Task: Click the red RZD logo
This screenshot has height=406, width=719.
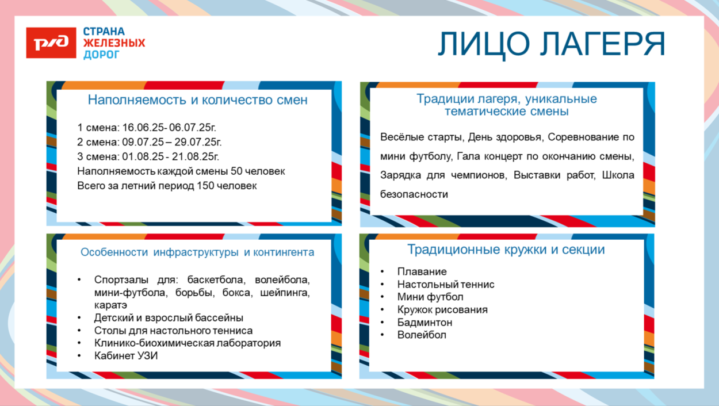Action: coord(51,43)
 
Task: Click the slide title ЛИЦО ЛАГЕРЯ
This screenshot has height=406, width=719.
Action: coord(551,44)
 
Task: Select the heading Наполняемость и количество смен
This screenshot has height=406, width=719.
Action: coord(197,100)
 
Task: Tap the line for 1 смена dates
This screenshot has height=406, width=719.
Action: coord(147,128)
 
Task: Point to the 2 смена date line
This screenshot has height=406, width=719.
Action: coord(150,142)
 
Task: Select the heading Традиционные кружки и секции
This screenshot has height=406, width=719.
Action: coord(506,250)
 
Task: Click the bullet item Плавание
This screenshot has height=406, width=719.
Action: coord(422,271)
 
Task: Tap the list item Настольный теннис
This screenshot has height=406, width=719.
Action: coord(446,284)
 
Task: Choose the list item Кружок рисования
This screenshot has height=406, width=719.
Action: coord(442,309)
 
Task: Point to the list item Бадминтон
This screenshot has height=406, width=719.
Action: coord(424,322)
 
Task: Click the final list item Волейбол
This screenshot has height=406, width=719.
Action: coord(422,335)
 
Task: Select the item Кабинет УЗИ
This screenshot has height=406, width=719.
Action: coord(126,356)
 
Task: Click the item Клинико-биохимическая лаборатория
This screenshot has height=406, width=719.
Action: coord(188,343)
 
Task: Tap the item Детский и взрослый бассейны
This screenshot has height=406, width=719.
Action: coord(169,318)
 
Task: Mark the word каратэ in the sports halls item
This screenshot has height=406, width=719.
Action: coord(110,305)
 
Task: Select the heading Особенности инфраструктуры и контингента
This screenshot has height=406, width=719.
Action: coord(197,252)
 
